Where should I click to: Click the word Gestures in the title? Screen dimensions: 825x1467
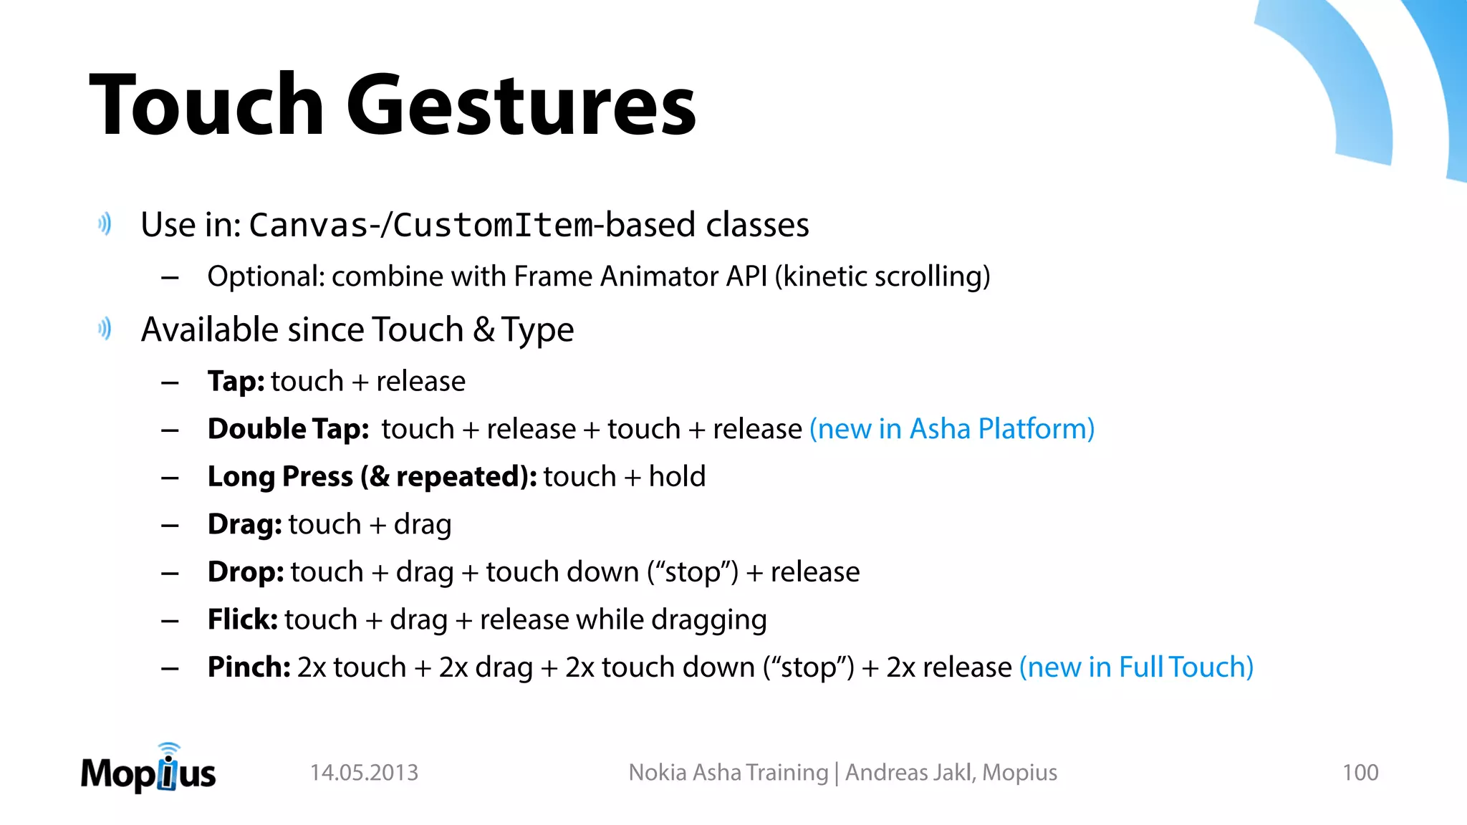pos(521,106)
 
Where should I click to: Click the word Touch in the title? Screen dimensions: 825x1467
pos(207,106)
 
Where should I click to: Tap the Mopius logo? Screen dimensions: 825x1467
pos(148,770)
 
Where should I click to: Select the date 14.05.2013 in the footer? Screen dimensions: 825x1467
pos(364,773)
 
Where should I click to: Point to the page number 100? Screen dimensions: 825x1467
pos(1360,773)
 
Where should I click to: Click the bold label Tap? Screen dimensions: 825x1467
pos(236,382)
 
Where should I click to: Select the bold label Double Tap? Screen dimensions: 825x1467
pos(288,429)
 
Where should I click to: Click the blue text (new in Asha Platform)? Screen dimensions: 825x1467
pos(952,429)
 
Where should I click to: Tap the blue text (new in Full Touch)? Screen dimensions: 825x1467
pos(1136,667)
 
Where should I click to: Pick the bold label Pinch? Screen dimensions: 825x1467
pos(249,667)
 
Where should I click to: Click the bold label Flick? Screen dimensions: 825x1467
pos(242,619)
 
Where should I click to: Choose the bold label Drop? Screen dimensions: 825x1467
pos(246,572)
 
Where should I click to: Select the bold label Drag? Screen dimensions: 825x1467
pos(244,524)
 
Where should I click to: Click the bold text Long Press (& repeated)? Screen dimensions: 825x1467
pos(372,477)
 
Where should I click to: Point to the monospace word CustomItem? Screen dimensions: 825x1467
pos(493,226)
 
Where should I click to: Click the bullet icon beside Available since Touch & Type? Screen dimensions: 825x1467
pos(105,329)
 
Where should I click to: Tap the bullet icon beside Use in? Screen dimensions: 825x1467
pos(105,225)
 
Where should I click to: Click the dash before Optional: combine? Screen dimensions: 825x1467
pos(170,277)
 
